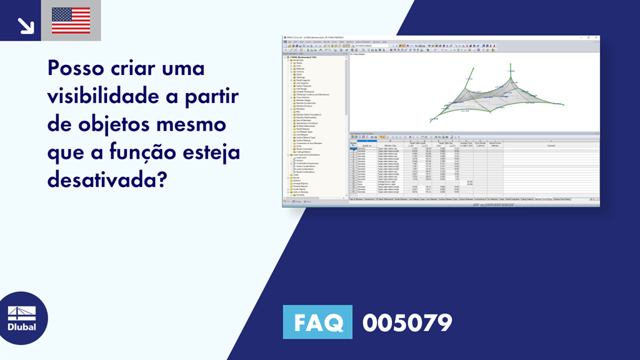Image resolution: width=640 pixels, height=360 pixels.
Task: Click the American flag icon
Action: tap(71, 21)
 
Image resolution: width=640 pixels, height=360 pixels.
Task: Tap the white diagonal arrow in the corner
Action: tap(26, 24)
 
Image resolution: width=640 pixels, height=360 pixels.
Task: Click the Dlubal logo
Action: tap(21, 318)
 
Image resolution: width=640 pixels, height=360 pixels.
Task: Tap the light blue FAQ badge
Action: tap(317, 322)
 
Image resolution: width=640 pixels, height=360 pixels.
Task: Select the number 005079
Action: tap(407, 322)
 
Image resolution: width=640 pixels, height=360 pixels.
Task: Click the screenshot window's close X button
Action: tap(597, 37)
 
